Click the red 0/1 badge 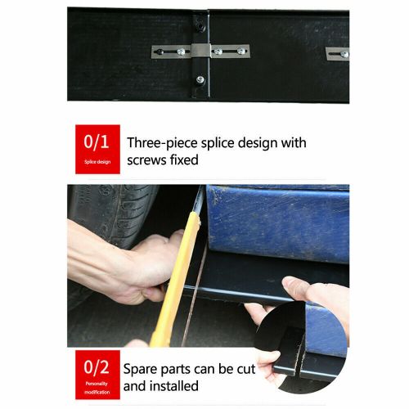(x=97, y=149)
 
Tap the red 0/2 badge (x=97, y=372)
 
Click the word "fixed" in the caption (x=187, y=160)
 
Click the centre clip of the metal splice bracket (x=200, y=51)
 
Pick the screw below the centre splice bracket (x=200, y=79)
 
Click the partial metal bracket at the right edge (x=338, y=53)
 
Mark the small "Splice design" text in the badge (x=97, y=161)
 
